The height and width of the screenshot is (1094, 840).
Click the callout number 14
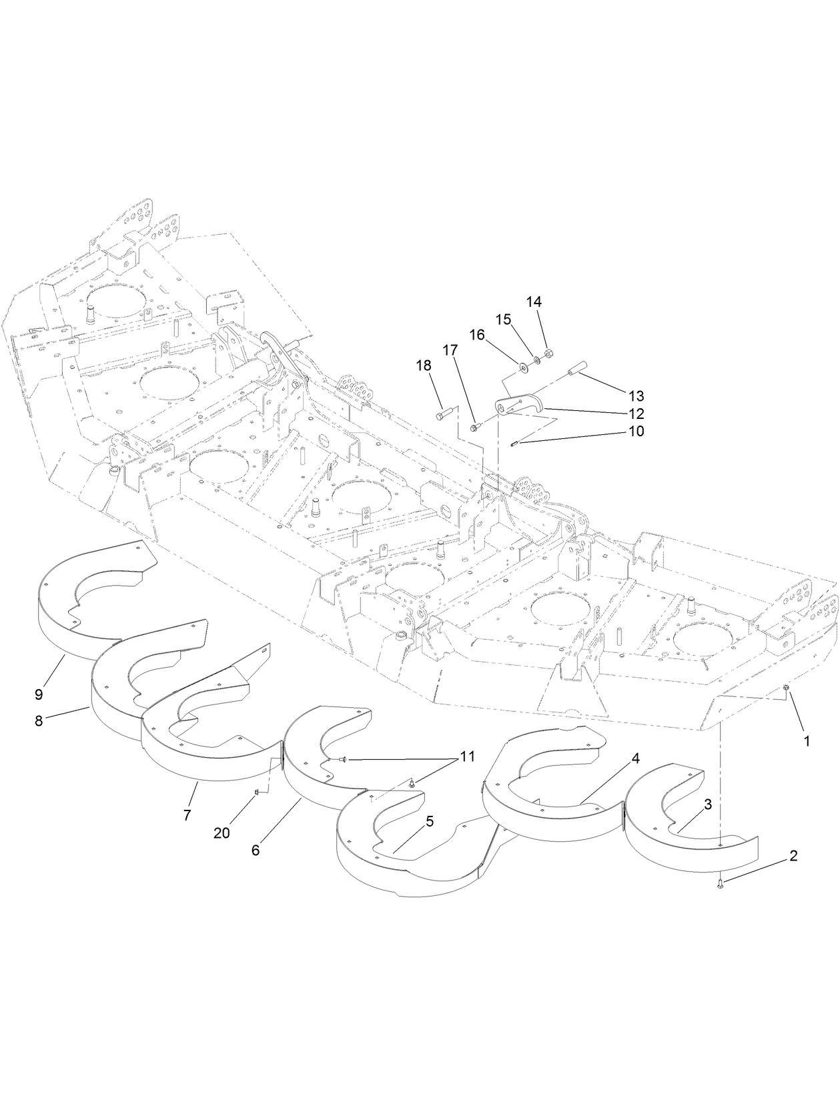534,302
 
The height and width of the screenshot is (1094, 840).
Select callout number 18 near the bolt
424,366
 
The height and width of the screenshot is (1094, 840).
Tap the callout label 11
467,757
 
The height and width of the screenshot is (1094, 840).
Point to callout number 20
222,833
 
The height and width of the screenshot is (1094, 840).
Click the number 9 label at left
39,694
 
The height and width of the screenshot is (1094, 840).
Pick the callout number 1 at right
807,741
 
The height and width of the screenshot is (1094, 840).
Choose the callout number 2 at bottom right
793,856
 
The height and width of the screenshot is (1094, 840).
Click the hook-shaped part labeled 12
520,406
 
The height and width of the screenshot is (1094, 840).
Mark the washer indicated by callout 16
522,366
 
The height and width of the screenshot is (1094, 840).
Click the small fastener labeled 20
257,792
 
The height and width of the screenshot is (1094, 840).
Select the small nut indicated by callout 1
787,688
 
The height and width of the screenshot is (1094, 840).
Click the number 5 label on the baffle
429,821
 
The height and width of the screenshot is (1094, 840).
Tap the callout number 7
187,814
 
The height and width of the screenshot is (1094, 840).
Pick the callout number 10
636,432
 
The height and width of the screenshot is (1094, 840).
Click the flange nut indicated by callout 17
474,427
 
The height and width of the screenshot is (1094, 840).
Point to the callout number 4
636,758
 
